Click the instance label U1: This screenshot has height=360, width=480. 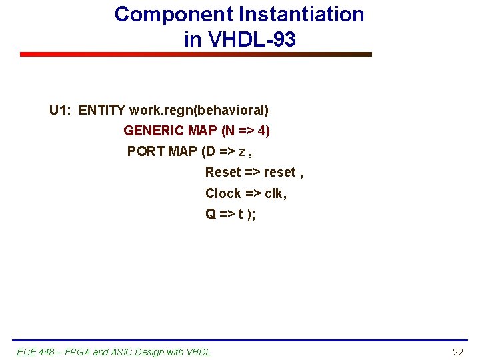click(61, 110)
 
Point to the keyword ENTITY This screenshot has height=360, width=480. click(102, 110)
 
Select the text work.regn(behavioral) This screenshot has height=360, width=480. click(199, 110)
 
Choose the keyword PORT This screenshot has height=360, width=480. click(146, 151)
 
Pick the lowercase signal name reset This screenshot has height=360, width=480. click(279, 173)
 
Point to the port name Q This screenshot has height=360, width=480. click(211, 215)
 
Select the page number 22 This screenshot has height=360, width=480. click(457, 352)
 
